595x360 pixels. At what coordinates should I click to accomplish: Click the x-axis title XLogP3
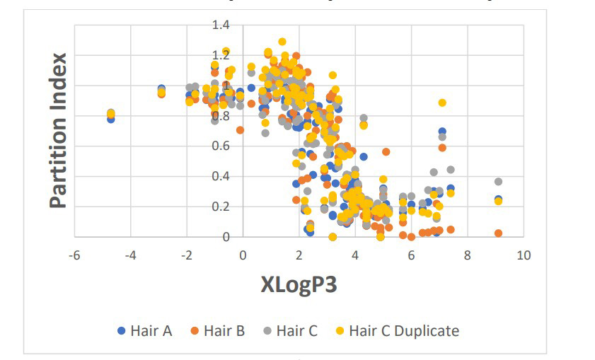(x=298, y=285)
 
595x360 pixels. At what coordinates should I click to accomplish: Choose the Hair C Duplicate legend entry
(x=404, y=330)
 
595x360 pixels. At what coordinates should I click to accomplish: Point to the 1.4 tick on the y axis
(x=221, y=25)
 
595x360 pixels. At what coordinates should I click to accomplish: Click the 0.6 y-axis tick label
(x=221, y=146)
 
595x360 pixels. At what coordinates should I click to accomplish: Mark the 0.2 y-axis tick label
(x=221, y=207)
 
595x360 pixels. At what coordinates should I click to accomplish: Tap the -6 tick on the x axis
(x=74, y=255)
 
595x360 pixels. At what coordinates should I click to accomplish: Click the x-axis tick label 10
(x=524, y=255)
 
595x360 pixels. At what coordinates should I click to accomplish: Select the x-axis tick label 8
(x=467, y=255)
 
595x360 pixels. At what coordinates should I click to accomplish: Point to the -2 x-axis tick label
(x=185, y=255)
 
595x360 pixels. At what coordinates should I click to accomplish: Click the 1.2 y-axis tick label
(x=221, y=55)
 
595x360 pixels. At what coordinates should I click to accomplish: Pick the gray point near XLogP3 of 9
(x=498, y=182)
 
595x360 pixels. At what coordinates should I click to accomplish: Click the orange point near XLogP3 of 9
(x=498, y=233)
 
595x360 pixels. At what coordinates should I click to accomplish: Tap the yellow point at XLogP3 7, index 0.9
(x=442, y=103)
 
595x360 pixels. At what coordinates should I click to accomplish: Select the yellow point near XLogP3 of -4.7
(x=111, y=113)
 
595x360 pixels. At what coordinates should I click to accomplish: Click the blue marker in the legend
(x=121, y=331)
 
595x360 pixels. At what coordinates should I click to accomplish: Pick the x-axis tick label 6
(x=411, y=255)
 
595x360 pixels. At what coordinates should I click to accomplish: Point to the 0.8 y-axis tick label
(x=221, y=115)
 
